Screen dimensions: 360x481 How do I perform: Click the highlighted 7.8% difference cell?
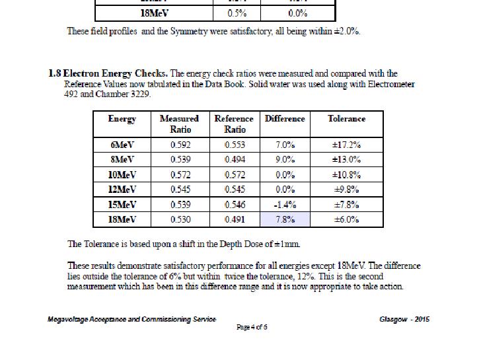pos(285,219)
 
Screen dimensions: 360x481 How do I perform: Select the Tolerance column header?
pos(346,119)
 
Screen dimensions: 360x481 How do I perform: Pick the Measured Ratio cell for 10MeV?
pos(180,174)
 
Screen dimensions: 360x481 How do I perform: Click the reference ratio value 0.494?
pos(235,159)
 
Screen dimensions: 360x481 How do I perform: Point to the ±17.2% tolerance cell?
pos(346,145)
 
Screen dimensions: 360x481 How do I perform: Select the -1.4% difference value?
pos(285,205)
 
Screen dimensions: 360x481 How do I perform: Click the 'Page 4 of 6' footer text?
pos(252,328)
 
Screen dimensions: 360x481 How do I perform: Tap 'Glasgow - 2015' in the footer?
pos(404,320)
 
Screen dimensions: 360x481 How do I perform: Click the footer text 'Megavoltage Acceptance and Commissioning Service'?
pos(131,320)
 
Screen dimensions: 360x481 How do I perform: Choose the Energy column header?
pos(122,119)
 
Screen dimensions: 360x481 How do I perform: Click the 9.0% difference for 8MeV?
pos(285,159)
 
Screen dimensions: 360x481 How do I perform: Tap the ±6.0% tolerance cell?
pos(346,219)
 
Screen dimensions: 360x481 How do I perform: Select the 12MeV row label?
pos(122,190)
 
